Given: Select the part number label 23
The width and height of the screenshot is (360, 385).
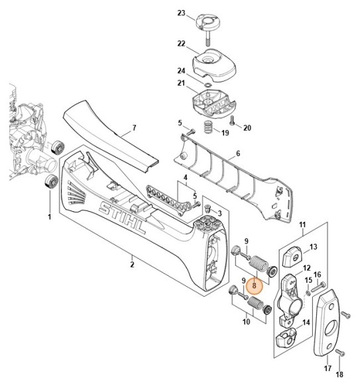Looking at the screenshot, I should click(x=181, y=13).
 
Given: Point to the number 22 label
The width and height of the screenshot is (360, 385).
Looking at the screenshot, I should click(x=181, y=43).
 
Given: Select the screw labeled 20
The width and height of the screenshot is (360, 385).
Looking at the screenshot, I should click(x=233, y=120).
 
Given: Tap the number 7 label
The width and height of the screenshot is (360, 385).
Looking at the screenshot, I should click(x=134, y=127).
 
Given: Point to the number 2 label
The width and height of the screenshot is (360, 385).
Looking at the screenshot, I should click(x=133, y=265).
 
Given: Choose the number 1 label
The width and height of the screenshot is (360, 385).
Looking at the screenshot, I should click(x=48, y=216).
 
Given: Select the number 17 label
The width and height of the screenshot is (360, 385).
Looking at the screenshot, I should click(x=328, y=368).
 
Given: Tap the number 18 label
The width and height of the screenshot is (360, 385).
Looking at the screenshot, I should click(x=340, y=375).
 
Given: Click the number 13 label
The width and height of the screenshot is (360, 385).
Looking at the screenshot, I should click(x=314, y=247).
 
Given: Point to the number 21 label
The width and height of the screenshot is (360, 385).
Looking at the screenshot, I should click(x=181, y=83).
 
